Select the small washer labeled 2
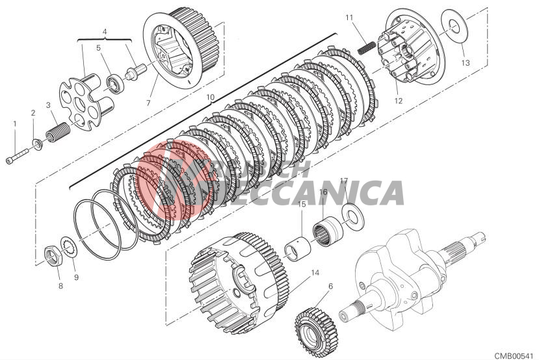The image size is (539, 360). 37,142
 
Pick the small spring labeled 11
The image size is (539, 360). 367,47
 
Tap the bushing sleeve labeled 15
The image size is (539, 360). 298,248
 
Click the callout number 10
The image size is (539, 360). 210,97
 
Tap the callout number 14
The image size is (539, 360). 315,273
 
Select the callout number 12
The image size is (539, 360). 398,101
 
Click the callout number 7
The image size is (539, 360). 148,103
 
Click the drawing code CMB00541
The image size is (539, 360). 514,355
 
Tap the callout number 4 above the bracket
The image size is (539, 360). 105,31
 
